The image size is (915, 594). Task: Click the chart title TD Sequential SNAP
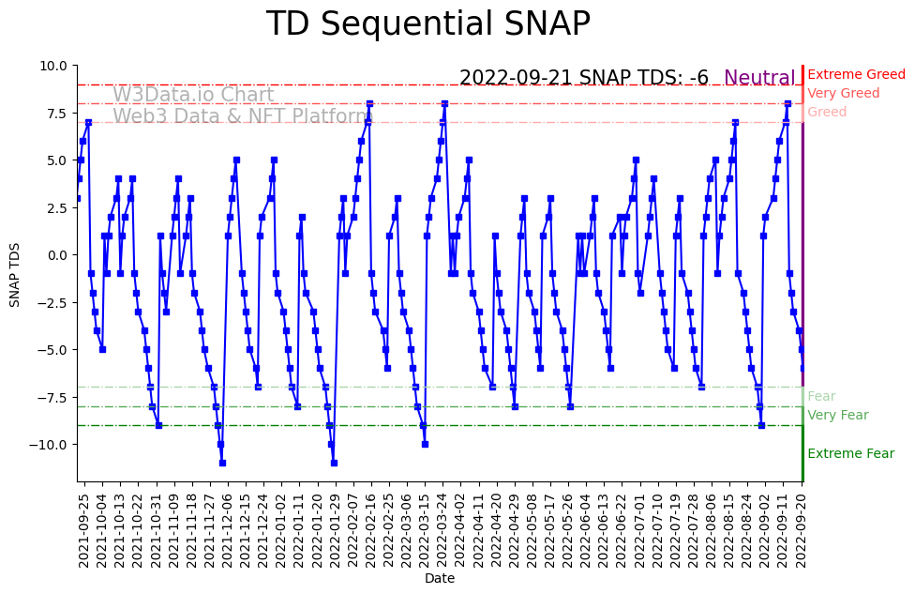click(x=427, y=24)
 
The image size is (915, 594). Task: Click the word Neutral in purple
click(x=759, y=78)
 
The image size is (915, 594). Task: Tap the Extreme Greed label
click(x=856, y=74)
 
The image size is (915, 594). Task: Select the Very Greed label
click(x=843, y=93)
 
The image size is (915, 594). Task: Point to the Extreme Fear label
click(x=850, y=453)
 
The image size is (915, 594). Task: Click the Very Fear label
click(x=837, y=415)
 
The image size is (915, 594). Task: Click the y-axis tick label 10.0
click(x=52, y=66)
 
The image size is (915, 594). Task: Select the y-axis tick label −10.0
click(x=49, y=444)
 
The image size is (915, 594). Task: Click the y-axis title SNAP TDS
click(x=15, y=273)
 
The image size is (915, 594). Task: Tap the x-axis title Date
click(x=439, y=579)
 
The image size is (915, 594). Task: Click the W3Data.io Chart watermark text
click(x=193, y=95)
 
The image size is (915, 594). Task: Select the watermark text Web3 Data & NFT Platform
click(x=243, y=116)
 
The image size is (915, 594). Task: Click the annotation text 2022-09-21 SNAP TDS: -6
click(x=583, y=78)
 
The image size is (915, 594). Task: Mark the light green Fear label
click(x=820, y=396)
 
